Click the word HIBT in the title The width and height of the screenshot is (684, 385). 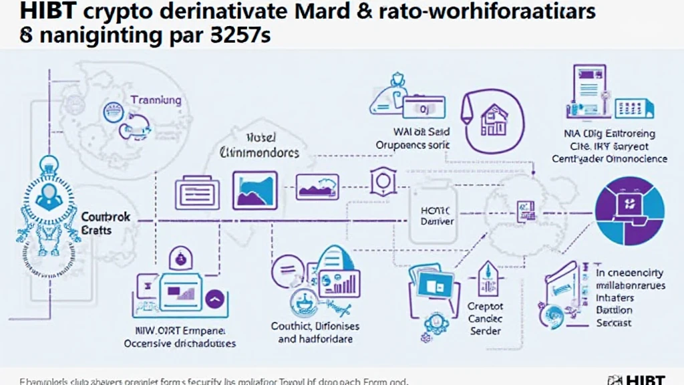pyautogui.click(x=30, y=13)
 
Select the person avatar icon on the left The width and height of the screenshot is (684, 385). pyautogui.click(x=47, y=194)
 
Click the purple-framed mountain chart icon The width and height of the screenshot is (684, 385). pyautogui.click(x=254, y=189)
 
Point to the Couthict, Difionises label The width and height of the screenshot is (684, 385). pyautogui.click(x=315, y=326)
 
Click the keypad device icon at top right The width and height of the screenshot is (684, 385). pyautogui.click(x=634, y=108)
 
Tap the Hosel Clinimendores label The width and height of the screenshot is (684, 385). pyautogui.click(x=259, y=146)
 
